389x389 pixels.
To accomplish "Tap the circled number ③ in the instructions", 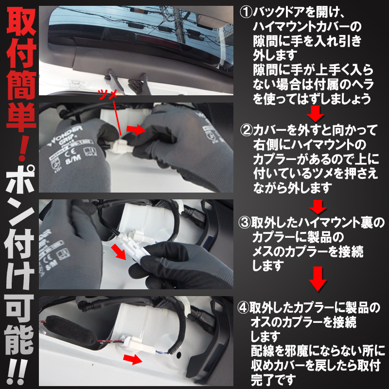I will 245,224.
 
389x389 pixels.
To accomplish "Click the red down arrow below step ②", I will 318,206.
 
